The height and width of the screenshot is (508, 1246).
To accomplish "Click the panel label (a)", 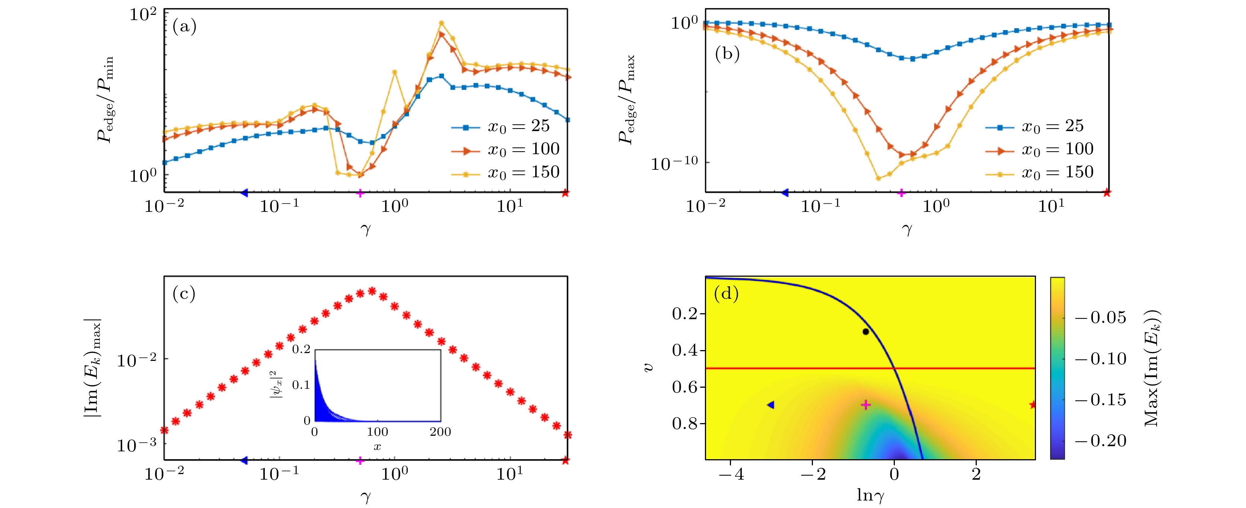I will [x=184, y=26].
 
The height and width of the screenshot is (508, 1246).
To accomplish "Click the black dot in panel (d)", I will [x=865, y=331].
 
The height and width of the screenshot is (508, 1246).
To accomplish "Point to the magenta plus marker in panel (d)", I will [x=866, y=404].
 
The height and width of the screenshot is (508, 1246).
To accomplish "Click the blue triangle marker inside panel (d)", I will [x=770, y=404].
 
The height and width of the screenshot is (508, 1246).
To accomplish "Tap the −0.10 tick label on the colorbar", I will [x=1101, y=359].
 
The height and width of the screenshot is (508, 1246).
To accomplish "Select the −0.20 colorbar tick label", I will [x=1101, y=441].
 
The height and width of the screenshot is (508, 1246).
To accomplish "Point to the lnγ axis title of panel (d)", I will [x=870, y=495].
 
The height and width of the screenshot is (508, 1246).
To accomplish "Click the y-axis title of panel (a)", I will [x=105, y=99].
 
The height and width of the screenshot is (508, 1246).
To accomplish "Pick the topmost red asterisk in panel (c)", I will [x=372, y=291].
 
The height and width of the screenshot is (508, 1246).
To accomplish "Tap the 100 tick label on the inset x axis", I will [x=377, y=432].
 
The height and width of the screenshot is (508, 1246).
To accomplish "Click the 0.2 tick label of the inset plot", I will [x=301, y=349].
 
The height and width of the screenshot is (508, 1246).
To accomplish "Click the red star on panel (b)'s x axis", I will [x=1107, y=193].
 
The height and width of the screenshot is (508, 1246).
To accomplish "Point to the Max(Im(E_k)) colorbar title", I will [x=1152, y=368].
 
